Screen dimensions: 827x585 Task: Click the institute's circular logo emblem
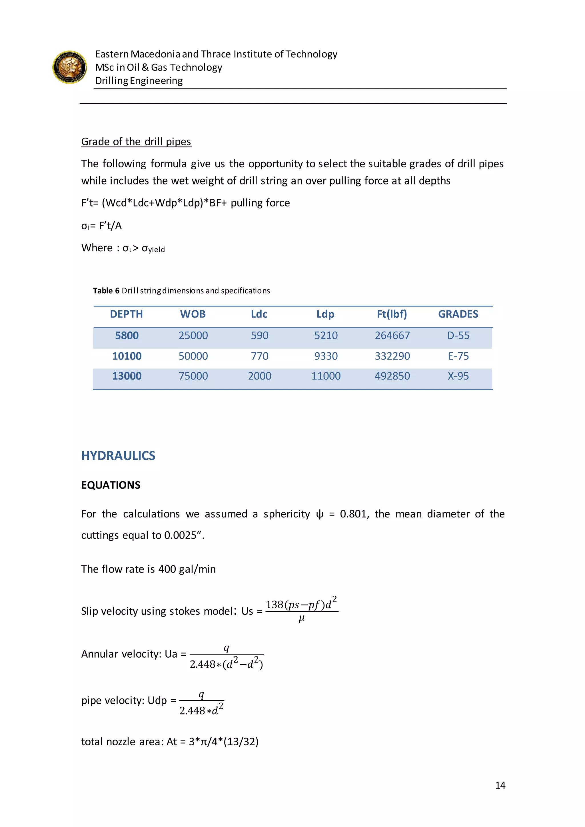click(69, 67)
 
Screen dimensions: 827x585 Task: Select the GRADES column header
click(458, 314)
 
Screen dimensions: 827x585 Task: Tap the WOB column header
click(193, 314)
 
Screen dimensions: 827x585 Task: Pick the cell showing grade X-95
click(458, 376)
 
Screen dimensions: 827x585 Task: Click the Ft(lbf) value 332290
click(392, 356)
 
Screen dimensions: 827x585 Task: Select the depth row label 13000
click(127, 376)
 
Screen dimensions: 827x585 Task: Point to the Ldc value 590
click(259, 336)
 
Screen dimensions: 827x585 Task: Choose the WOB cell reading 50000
click(193, 356)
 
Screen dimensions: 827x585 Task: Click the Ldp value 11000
click(326, 376)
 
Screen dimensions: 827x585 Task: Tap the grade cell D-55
click(458, 336)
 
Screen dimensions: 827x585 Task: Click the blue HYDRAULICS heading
click(118, 456)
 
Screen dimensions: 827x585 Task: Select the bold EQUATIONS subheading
click(111, 485)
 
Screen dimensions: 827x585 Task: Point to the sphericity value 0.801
click(354, 514)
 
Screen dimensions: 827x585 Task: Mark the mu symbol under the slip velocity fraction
click(302, 619)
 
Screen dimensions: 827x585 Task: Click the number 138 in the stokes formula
click(275, 605)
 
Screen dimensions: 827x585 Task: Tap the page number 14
click(500, 785)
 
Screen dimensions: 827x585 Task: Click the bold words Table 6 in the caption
click(106, 291)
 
